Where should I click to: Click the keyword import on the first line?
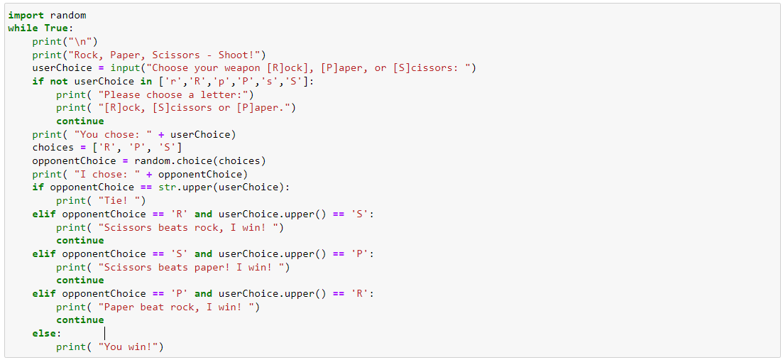coord(26,15)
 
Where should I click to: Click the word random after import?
coord(68,15)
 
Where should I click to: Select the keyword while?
coord(23,28)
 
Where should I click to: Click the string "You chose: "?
coord(113,134)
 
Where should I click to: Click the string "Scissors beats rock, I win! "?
coord(190,228)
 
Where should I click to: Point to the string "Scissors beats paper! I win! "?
coord(193,268)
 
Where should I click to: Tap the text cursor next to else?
coord(105,334)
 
